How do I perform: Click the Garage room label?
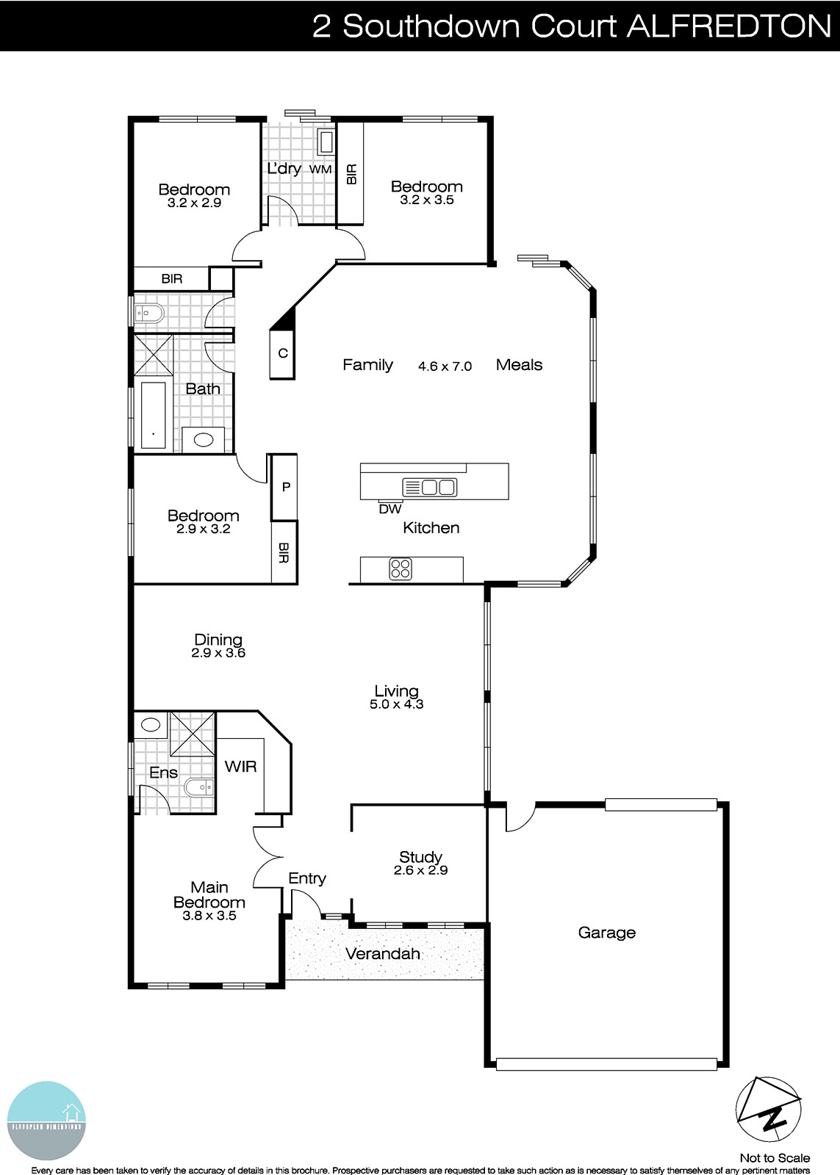[x=606, y=933]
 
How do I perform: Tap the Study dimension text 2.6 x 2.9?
[x=420, y=870]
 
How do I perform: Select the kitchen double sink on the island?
[x=430, y=486]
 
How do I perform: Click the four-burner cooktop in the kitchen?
[x=401, y=568]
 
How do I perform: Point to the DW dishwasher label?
[x=390, y=509]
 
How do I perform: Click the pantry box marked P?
[x=286, y=487]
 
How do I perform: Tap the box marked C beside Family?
[x=282, y=353]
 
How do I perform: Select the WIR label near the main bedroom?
[x=240, y=767]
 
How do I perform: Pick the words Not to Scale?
[x=775, y=1158]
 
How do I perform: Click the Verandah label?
[x=382, y=953]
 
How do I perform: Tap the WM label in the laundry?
[x=320, y=170]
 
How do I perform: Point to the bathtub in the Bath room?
[x=153, y=415]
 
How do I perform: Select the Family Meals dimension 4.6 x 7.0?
[x=445, y=366]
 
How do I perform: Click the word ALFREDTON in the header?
[x=728, y=26]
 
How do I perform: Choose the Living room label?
[x=396, y=691]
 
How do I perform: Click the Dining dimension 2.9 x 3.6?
[x=218, y=653]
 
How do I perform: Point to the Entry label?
[x=306, y=878]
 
